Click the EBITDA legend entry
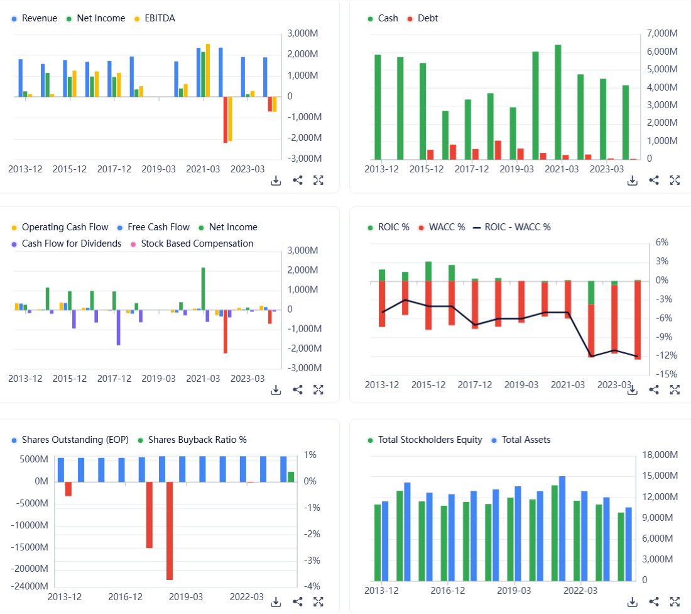tap(160, 18)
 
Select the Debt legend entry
tap(427, 18)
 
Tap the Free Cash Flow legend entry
tap(158, 227)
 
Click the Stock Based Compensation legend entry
tap(197, 243)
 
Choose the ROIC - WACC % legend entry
tap(517, 227)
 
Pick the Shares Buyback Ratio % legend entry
tap(197, 440)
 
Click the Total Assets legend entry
tap(526, 440)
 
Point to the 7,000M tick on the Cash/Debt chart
tap(662, 33)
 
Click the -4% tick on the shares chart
tap(310, 586)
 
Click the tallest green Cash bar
tap(558, 101)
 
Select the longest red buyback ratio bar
tap(170, 530)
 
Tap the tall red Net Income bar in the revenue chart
tap(225, 120)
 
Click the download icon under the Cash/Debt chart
tap(633, 181)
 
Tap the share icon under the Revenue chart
tap(298, 181)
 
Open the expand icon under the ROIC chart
tap(675, 389)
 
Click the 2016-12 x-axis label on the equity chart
tap(447, 591)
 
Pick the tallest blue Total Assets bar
tap(562, 528)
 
